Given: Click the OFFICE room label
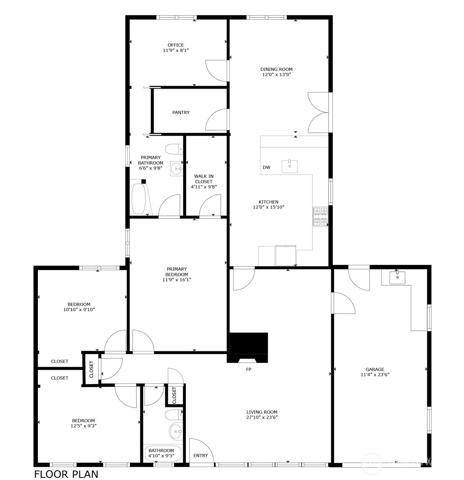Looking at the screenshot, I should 176,45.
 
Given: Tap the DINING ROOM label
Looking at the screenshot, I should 276,69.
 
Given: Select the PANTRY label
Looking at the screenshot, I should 181,113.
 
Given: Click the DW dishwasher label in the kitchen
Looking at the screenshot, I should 266,168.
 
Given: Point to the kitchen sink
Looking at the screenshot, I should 290,166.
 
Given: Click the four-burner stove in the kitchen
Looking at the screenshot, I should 320,217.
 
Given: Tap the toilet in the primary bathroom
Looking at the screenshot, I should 173,149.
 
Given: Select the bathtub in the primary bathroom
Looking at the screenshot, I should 138,199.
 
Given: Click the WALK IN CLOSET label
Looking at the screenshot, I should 203,179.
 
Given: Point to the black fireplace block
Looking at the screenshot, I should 248,343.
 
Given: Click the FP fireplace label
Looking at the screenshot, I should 249,369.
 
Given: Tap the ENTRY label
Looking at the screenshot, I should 201,456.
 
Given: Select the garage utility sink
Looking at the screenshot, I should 397,277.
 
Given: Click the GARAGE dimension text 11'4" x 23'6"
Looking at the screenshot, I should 375,375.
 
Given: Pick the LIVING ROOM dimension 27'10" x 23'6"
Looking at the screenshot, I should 262,417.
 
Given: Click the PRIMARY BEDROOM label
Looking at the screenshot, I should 177,272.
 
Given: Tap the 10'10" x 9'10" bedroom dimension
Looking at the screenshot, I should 79,310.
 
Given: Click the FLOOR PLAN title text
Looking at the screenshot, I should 66,474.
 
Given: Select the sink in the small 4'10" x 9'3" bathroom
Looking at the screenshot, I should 176,431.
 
